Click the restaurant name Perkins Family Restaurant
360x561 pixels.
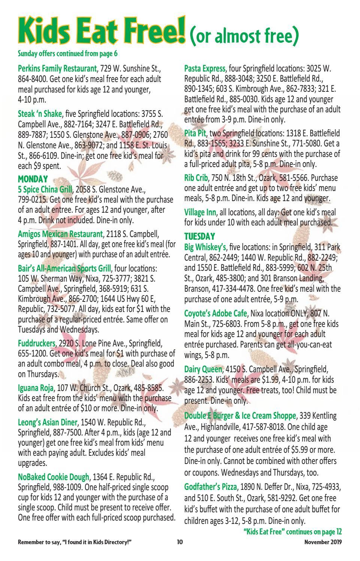pyautogui.click(x=57, y=69)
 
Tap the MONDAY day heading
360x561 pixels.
pyautogui.click(x=33, y=179)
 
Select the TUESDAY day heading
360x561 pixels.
pyautogui.click(x=200, y=236)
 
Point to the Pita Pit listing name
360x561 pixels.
pyautogui.click(x=195, y=133)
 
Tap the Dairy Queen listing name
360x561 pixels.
pyautogui.click(x=203, y=369)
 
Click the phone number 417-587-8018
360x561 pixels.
pyautogui.click(x=283, y=427)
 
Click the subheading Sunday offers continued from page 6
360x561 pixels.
pyautogui.click(x=67, y=54)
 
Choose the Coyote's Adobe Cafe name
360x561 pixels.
pyautogui.click(x=215, y=313)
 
